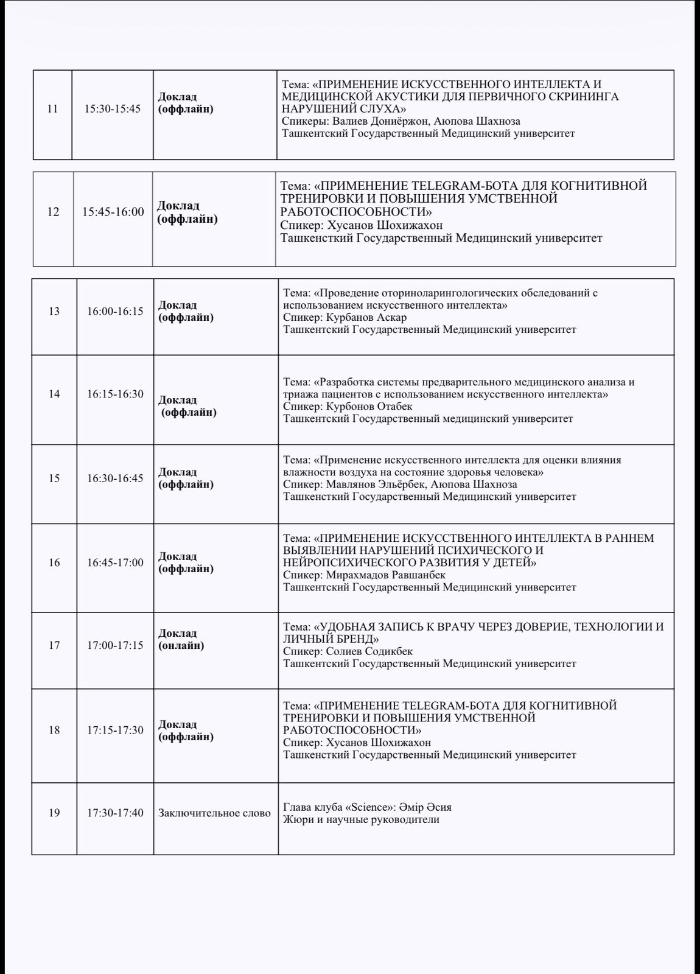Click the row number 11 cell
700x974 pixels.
pos(52,109)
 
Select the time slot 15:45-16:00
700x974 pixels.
pos(113,212)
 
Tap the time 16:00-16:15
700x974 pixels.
pos(115,311)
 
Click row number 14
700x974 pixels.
pos(54,394)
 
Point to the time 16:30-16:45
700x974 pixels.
pos(115,478)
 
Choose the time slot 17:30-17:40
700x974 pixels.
pos(115,813)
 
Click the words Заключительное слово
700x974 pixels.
pos(214,813)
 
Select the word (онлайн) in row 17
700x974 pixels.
pos(181,645)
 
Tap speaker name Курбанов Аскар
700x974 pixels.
pos(366,317)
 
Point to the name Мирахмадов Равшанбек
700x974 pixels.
pos(386,575)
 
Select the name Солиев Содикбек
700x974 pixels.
pos(369,651)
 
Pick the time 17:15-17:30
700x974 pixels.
pos(115,730)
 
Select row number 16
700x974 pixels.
pos(54,562)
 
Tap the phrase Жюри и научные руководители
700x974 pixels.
pos(361,819)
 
